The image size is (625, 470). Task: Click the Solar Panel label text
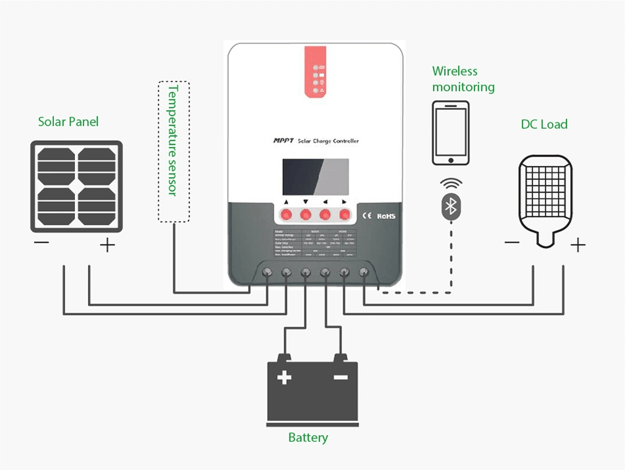coord(68,122)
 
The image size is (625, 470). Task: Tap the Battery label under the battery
coord(308,437)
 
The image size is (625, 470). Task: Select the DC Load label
coord(544,124)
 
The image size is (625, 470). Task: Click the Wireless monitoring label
coord(463,79)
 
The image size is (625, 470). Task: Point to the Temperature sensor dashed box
coord(174,151)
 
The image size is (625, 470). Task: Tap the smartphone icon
coord(451,133)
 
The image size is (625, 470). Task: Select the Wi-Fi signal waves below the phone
coord(451,183)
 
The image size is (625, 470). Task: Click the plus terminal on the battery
coord(284,378)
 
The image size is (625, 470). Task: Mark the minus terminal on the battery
coord(340,378)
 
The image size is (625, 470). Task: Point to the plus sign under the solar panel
coord(107,246)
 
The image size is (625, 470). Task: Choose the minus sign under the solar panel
coord(41,244)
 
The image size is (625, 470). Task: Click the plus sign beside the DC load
coord(578,246)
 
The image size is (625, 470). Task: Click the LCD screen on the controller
coord(313,176)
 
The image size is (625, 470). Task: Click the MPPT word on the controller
coord(283,141)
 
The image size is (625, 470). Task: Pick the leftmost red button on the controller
coord(286,214)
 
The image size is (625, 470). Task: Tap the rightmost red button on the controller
coord(344,214)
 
